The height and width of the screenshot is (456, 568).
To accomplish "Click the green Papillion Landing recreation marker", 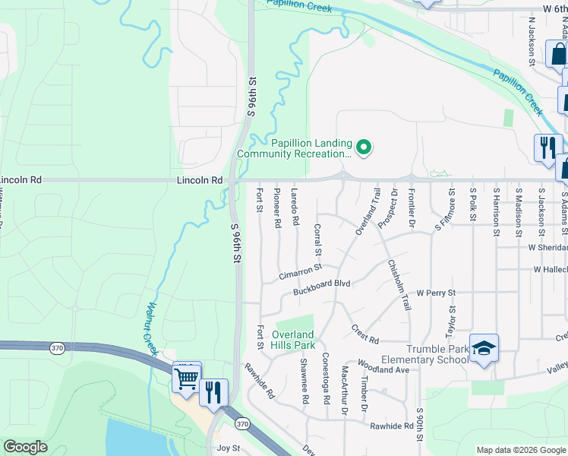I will (x=364, y=147).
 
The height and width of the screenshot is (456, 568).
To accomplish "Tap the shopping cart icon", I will (x=186, y=377).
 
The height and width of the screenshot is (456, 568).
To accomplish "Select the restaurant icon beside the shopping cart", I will (x=213, y=392).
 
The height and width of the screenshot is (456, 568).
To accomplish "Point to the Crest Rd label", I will (x=364, y=334).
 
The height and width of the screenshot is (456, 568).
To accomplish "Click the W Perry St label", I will (x=436, y=293).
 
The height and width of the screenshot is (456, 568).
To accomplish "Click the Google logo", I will (x=26, y=447).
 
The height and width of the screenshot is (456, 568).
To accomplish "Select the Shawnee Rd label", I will (x=304, y=381).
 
